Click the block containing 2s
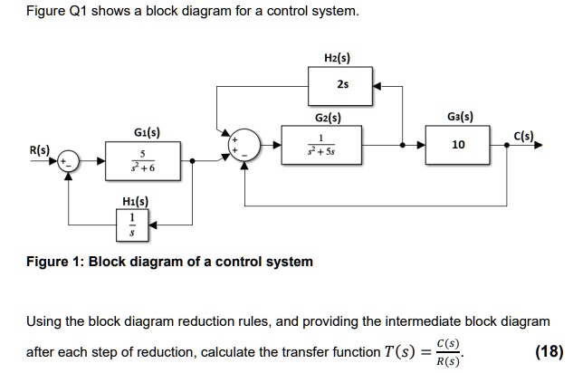tap(341, 86)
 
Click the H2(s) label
tap(337, 58)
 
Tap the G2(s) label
tap(327, 118)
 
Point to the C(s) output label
tap(526, 137)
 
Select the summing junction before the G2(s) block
tap(246, 144)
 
